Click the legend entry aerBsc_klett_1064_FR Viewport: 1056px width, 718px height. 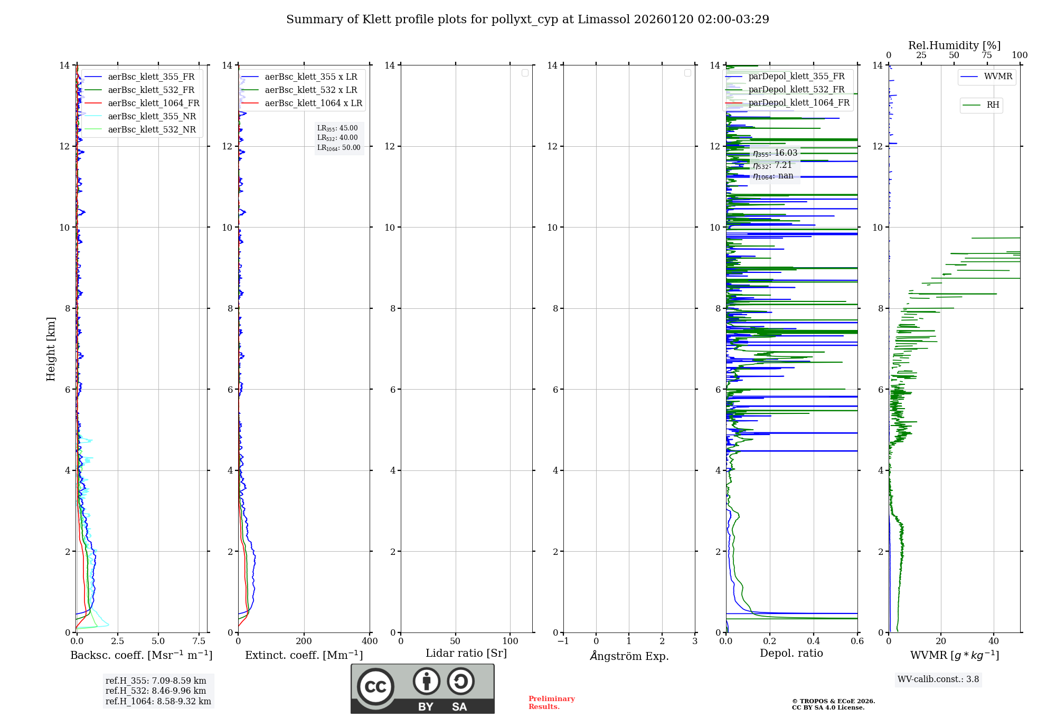154,103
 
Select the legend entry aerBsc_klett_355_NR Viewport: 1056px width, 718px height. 152,117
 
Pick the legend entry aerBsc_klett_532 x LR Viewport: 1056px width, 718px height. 311,90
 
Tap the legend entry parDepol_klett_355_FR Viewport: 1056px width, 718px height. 796,77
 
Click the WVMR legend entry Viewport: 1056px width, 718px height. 998,77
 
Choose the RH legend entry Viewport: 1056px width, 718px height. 993,105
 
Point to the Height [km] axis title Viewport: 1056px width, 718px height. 51,349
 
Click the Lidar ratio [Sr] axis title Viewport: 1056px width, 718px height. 466,654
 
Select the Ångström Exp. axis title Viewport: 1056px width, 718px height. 629,656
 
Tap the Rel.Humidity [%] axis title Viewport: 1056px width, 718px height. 954,45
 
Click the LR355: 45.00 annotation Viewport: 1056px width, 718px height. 337,128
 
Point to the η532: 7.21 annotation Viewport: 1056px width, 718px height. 772,165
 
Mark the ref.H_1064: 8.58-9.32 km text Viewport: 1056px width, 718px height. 158,702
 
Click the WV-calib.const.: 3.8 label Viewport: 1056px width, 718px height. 938,679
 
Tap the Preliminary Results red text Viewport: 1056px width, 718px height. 551,703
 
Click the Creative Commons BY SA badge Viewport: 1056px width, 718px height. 422,689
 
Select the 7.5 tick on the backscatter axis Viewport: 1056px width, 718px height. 199,641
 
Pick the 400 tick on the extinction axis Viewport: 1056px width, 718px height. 370,641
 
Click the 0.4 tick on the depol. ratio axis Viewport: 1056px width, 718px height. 814,641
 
